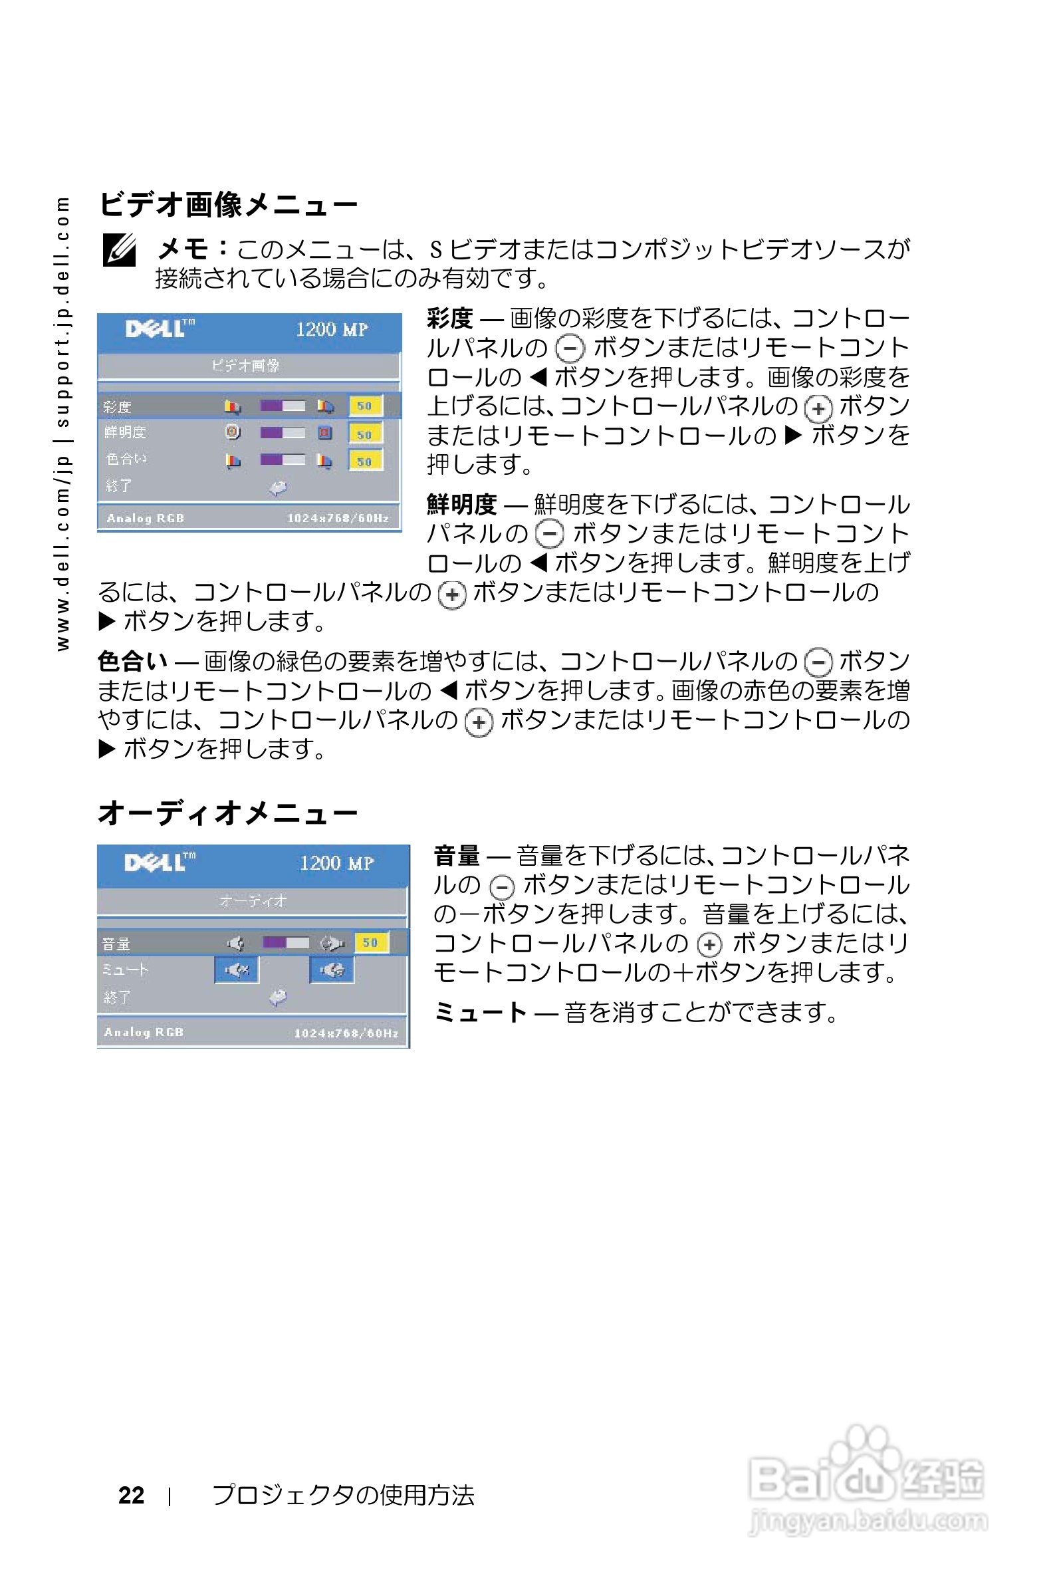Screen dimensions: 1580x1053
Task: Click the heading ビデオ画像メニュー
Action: [x=228, y=204]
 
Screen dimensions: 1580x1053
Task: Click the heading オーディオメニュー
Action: [x=228, y=813]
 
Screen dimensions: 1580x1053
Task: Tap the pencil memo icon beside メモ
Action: [x=120, y=250]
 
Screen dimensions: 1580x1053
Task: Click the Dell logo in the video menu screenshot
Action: [x=159, y=329]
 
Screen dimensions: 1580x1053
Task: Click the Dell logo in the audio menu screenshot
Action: [x=159, y=862]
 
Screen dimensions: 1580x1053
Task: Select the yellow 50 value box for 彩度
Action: [x=365, y=406]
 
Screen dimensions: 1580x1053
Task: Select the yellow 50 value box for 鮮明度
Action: [x=365, y=434]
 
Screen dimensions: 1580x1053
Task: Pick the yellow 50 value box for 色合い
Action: [x=365, y=461]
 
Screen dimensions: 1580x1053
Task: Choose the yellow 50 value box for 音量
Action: [x=370, y=942]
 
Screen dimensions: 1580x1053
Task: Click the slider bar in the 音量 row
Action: [x=286, y=942]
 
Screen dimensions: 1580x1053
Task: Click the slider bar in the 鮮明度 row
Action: [x=282, y=433]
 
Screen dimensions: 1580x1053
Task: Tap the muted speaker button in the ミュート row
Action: [x=237, y=970]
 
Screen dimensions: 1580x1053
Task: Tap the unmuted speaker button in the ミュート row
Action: [x=332, y=970]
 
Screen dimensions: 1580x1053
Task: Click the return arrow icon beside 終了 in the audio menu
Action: [x=278, y=997]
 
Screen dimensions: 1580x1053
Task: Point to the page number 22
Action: [x=131, y=1495]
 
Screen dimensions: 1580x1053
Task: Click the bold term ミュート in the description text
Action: [x=480, y=1011]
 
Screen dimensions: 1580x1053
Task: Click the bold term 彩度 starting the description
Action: [x=450, y=319]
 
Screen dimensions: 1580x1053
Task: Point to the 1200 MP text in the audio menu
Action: [x=336, y=863]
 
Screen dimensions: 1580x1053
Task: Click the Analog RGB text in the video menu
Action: [x=145, y=518]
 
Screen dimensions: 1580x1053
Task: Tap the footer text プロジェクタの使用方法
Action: [x=343, y=1495]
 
